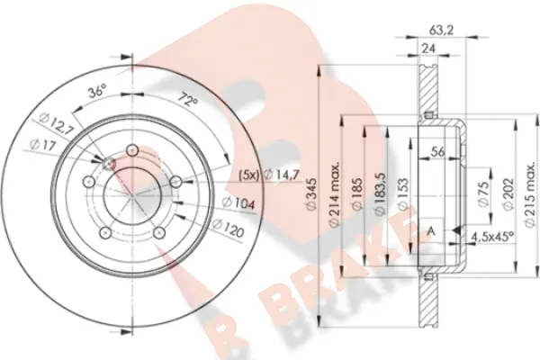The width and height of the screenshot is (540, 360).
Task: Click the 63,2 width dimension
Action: pos(441,30)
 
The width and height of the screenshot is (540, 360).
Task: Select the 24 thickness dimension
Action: pos(428,49)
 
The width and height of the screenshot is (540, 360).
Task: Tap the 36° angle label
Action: pos(97,92)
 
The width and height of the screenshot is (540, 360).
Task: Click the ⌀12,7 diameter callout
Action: pos(54,124)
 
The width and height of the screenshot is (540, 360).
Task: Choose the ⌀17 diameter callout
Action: pos(42,145)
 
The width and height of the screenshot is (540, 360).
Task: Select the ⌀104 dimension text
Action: pos(238,203)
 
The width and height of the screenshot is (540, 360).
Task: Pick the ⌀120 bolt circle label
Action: pos(228,228)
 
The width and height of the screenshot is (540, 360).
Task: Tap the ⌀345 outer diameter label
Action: pos(311,194)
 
